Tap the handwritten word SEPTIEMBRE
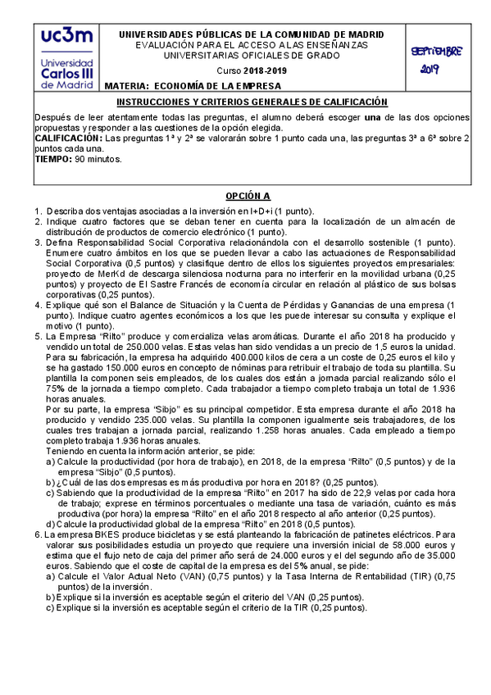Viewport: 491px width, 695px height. click(436, 52)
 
